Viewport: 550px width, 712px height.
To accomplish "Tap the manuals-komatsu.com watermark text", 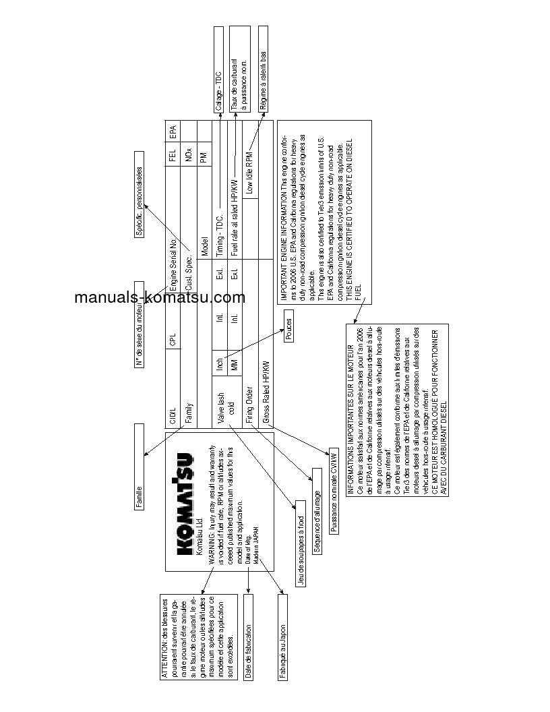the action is (160, 298).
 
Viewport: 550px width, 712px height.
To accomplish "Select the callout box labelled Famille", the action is (139, 467).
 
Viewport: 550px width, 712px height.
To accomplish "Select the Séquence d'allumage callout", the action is (317, 512).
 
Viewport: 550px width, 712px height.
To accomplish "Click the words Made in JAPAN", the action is (257, 532).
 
